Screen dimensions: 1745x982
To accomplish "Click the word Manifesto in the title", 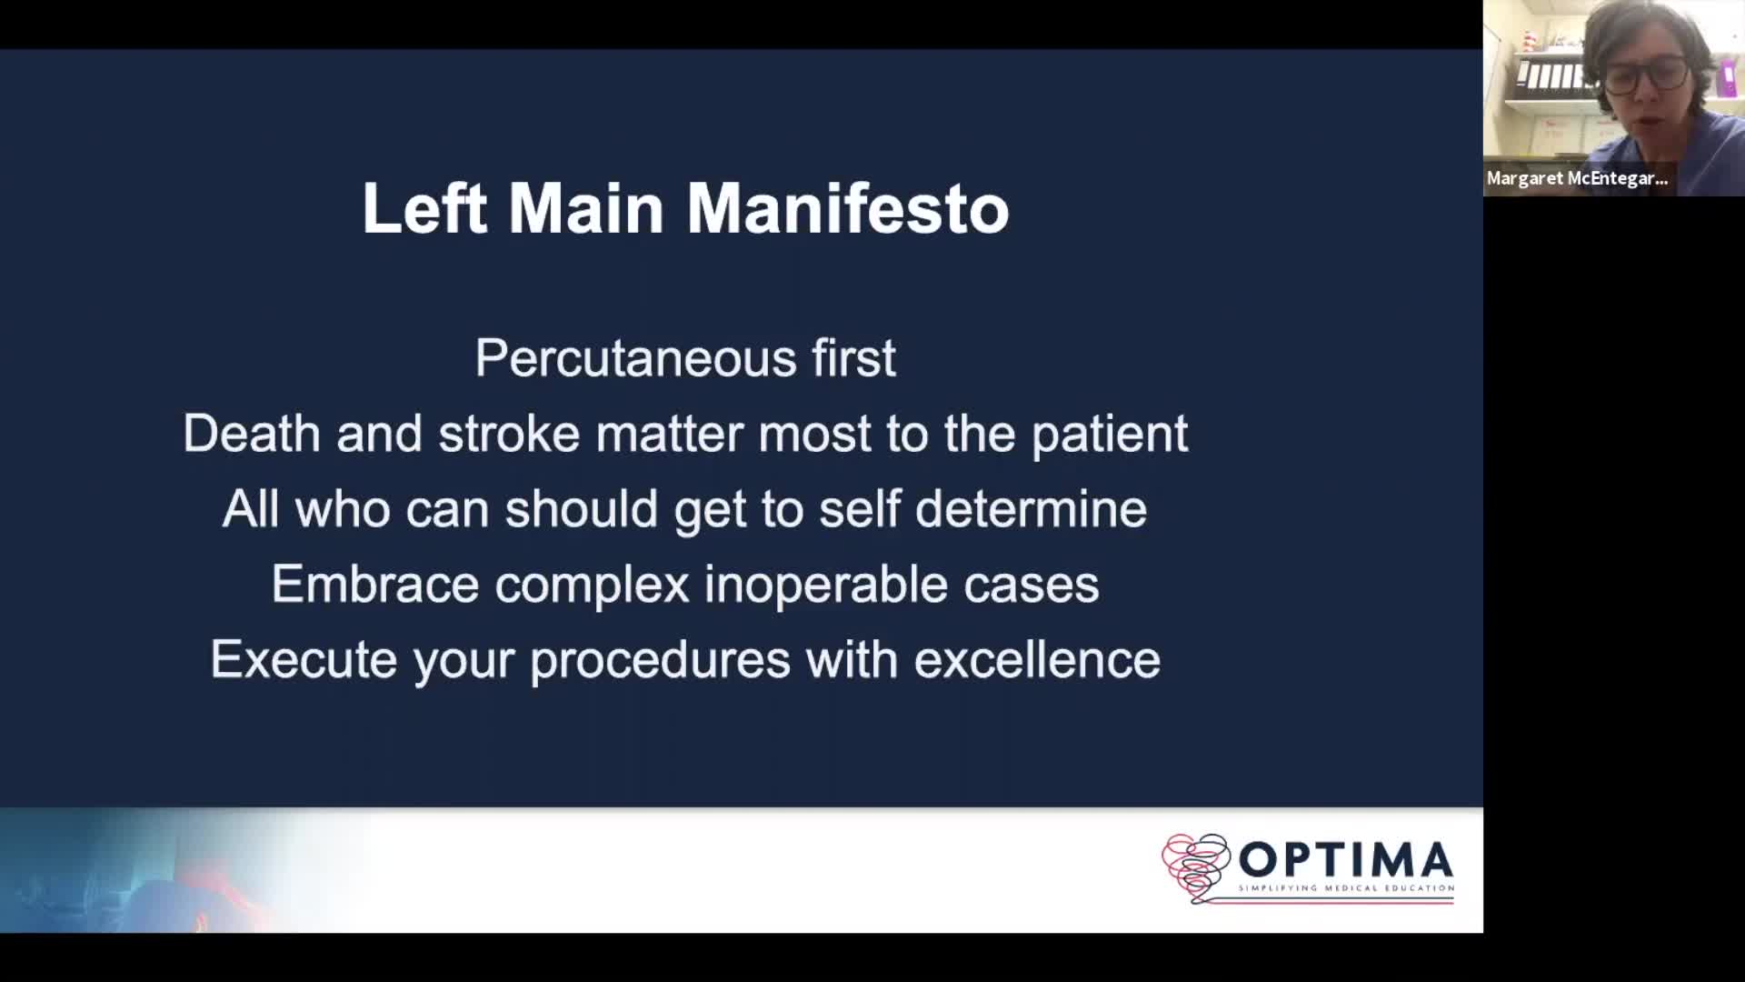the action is (847, 208).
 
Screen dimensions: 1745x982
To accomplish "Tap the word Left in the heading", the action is (424, 208).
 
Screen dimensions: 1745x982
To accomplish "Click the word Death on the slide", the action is (252, 433).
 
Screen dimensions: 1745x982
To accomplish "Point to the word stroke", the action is (509, 433).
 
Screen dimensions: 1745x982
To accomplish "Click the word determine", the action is (1031, 508).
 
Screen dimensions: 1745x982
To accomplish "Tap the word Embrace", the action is (375, 584).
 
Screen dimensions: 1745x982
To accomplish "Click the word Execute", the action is (304, 659).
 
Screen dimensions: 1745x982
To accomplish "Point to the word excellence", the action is (1037, 659).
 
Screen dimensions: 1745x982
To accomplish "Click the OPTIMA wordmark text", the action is (1346, 859).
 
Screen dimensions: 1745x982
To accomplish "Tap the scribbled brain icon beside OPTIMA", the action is (1195, 867).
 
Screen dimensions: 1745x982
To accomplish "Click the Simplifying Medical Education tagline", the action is (1346, 888).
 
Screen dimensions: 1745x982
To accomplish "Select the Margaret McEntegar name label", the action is (1578, 178).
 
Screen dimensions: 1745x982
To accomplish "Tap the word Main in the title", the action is (586, 208).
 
